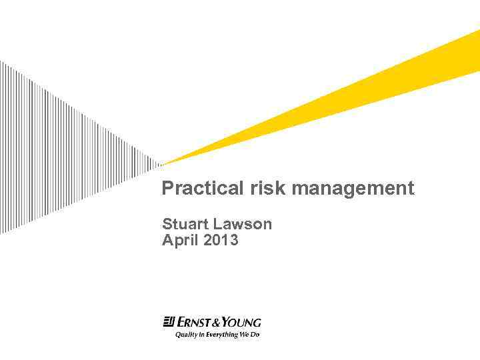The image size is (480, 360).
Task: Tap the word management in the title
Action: tap(353, 189)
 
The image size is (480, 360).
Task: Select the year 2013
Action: tap(221, 240)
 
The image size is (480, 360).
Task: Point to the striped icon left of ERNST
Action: tap(169, 323)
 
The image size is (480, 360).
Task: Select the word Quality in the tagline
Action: tap(187, 335)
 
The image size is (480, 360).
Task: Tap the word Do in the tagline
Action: tap(255, 335)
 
